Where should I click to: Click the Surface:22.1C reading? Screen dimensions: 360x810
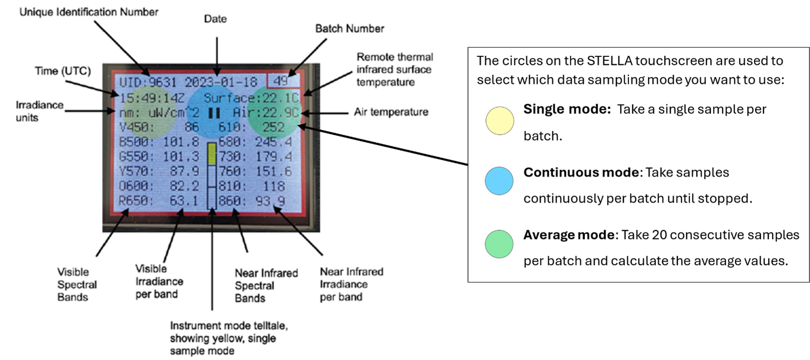coord(251,98)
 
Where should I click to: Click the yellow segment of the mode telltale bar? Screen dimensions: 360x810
coord(212,154)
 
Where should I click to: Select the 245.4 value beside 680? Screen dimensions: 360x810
coord(273,142)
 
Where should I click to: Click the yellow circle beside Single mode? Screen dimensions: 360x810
coord(500,121)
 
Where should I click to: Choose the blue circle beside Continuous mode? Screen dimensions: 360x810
coord(499,181)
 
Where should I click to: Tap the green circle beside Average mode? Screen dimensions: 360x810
coord(499,244)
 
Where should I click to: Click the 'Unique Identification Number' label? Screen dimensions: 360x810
coord(89,12)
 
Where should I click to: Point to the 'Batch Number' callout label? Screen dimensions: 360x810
coord(350,28)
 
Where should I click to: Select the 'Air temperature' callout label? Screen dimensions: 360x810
coord(391,112)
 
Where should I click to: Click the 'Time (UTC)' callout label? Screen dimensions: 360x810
coord(63,71)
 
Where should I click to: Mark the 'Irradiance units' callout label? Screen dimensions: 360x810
coord(39,111)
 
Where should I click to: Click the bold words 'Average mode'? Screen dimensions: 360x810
coord(568,235)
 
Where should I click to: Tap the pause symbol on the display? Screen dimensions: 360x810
coord(214,113)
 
